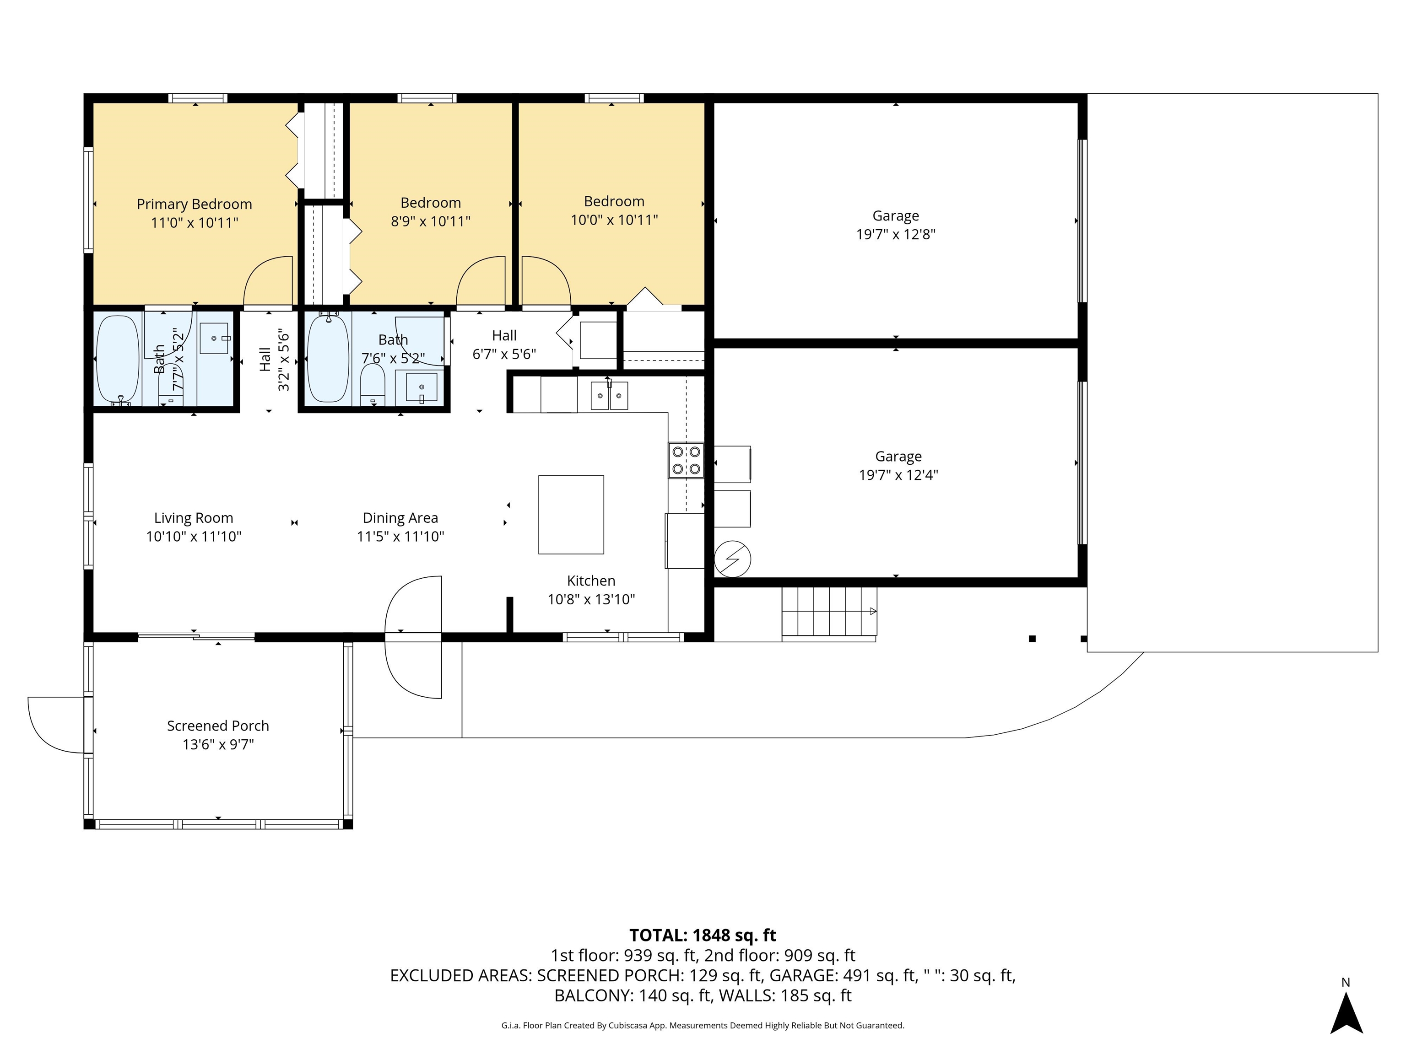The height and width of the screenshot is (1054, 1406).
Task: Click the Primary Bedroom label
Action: [195, 204]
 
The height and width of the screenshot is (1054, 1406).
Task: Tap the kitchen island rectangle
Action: [571, 515]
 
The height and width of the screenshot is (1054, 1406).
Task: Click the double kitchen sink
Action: [609, 395]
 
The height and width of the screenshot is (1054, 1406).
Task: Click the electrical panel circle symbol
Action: [732, 559]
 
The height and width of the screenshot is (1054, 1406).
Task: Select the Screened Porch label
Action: [218, 726]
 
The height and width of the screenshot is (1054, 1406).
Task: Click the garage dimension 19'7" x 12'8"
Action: [896, 234]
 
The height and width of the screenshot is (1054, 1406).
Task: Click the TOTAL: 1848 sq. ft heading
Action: [703, 935]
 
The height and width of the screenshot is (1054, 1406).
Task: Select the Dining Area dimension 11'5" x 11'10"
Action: [400, 536]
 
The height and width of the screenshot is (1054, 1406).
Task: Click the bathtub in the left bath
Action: [117, 360]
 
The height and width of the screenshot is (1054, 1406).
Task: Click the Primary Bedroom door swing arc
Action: [268, 280]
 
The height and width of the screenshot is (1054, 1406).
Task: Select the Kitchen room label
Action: [591, 581]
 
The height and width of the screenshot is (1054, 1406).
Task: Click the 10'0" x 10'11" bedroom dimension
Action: [614, 220]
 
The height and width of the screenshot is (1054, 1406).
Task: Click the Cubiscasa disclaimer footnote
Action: [703, 1026]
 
